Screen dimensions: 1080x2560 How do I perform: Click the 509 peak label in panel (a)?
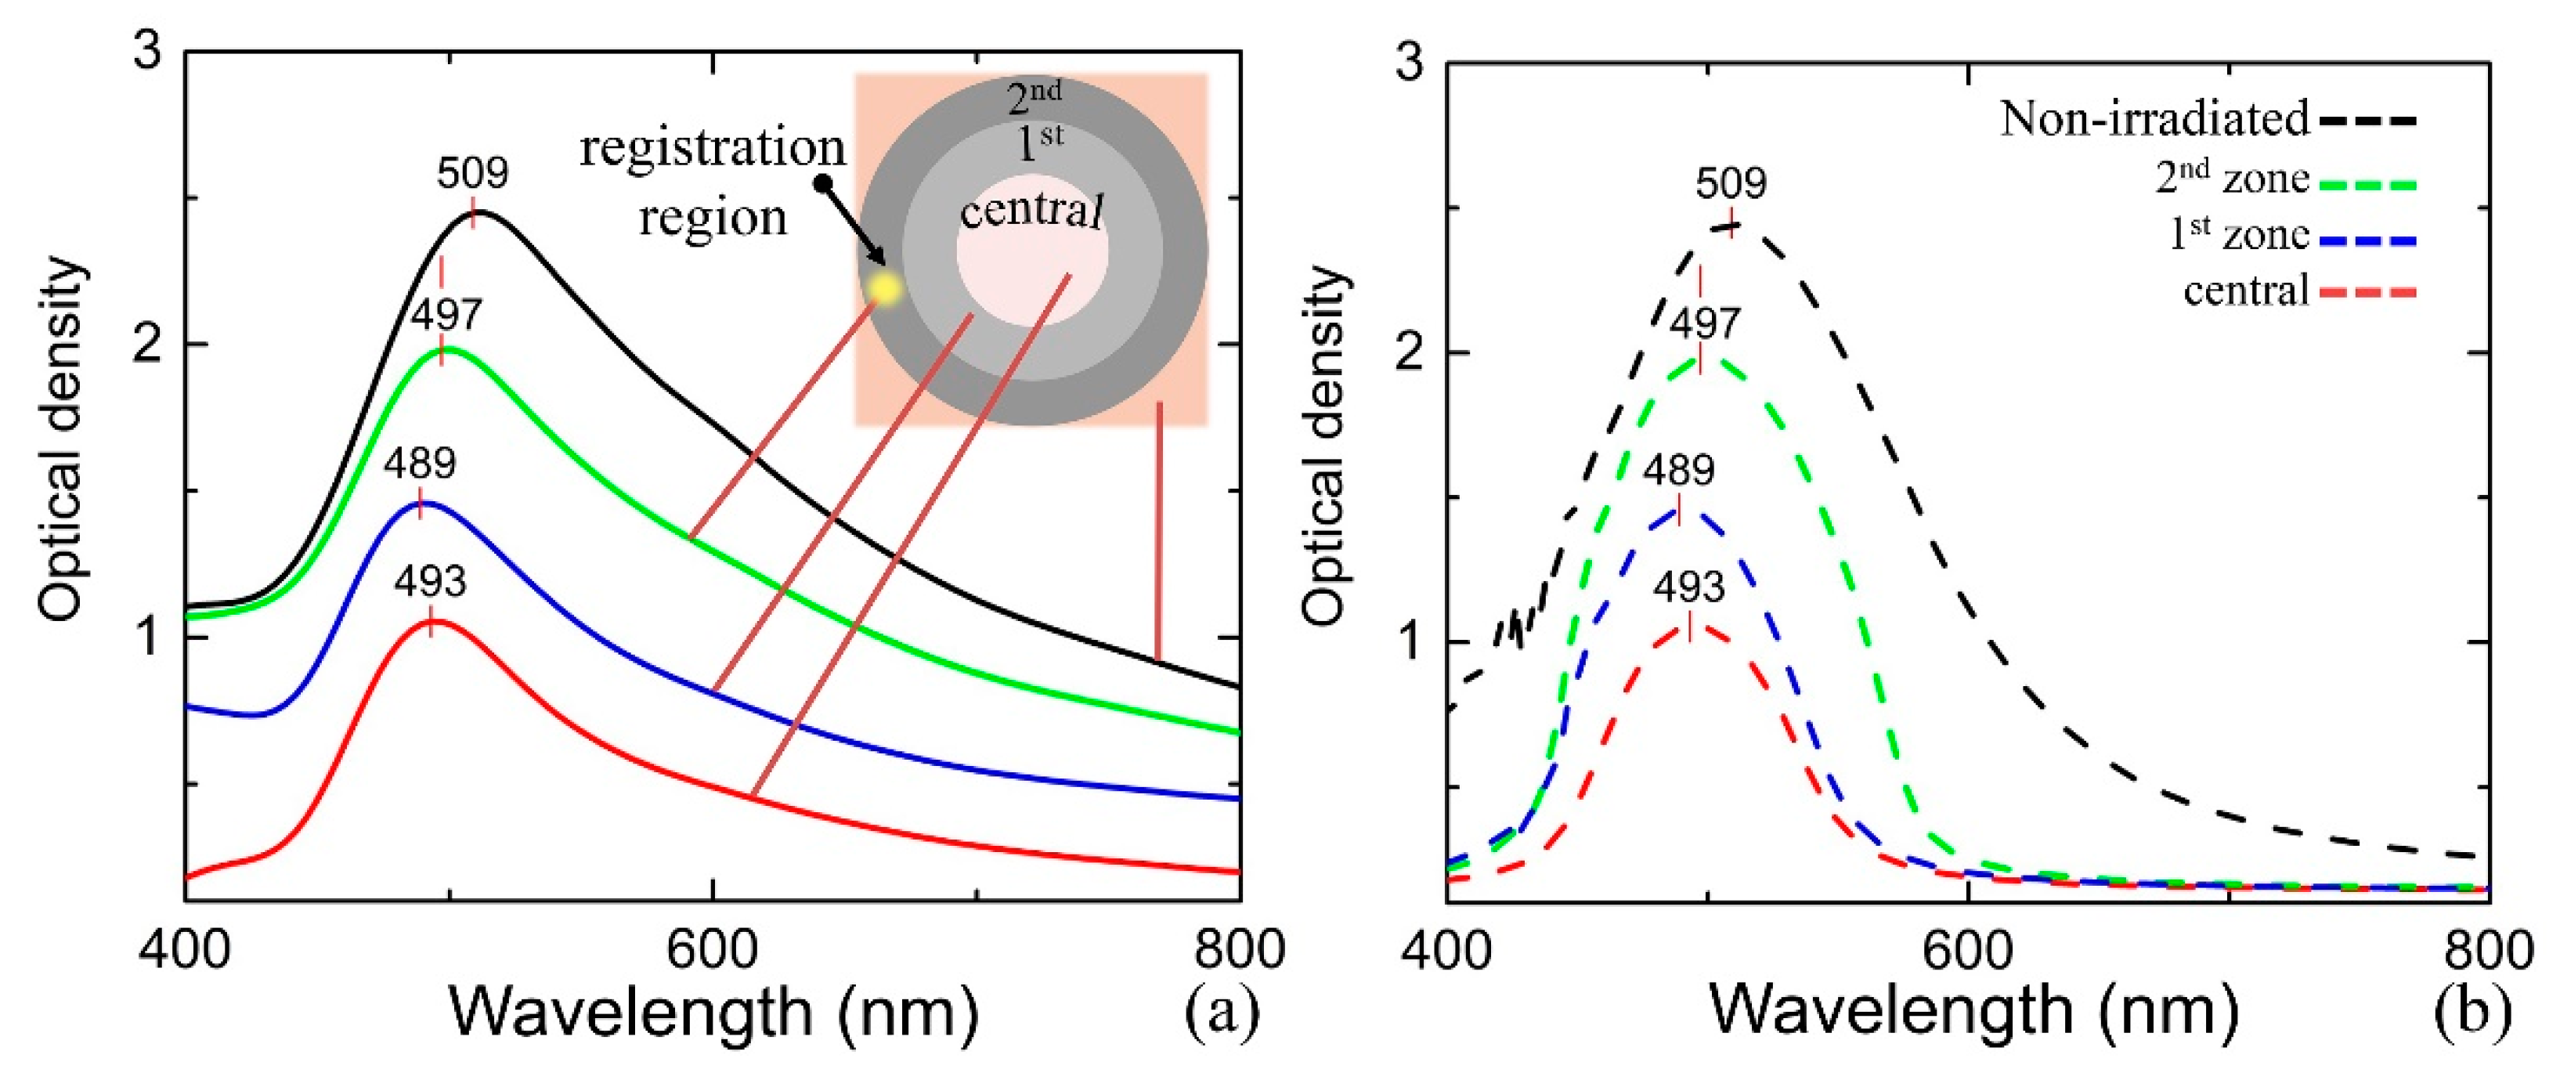[x=472, y=173]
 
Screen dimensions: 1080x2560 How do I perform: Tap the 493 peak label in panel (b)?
[x=1688, y=588]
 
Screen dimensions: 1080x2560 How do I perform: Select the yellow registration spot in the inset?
[x=883, y=288]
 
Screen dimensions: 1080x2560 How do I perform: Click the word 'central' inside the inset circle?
[x=1031, y=211]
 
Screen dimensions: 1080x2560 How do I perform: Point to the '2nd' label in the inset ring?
[x=1034, y=99]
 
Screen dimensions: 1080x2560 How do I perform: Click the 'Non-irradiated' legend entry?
[x=2154, y=119]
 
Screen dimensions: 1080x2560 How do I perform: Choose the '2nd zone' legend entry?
[x=2231, y=179]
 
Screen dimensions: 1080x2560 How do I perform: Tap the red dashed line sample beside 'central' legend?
[x=2367, y=293]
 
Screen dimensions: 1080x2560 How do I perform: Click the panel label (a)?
[x=1222, y=1011]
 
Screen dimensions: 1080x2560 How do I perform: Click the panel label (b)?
[x=2472, y=1011]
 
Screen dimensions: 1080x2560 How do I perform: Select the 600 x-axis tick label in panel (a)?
[x=712, y=951]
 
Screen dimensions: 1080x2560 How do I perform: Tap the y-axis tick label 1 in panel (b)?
[x=1411, y=642]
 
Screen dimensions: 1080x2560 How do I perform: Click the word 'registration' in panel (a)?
[x=712, y=149]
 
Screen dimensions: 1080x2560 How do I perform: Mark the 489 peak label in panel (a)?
[x=420, y=464]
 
